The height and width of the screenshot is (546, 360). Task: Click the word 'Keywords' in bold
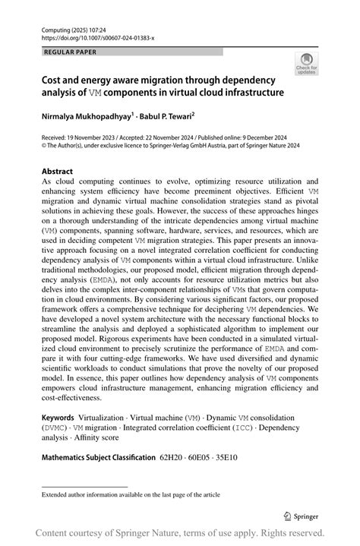point(58,418)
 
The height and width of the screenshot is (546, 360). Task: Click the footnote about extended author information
point(131,495)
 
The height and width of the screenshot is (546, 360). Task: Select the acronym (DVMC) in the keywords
point(58,428)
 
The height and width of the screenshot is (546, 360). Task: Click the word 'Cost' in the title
point(53,79)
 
